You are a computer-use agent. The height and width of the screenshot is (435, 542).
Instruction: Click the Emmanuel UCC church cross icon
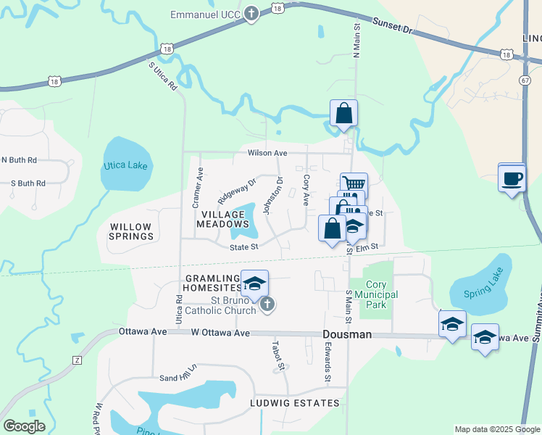251,14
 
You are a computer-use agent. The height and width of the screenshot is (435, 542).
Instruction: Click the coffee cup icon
512,178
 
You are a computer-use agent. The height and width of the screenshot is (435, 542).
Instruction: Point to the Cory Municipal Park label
381,295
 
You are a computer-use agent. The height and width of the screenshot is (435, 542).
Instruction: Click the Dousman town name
347,334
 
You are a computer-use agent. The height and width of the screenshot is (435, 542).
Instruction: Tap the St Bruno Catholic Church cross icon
267,304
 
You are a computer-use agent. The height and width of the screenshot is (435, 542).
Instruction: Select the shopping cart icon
354,185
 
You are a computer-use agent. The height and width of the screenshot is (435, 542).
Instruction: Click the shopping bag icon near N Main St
344,113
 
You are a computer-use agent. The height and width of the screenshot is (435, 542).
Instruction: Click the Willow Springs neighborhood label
131,232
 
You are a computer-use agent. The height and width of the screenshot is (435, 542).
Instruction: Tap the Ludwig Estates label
295,402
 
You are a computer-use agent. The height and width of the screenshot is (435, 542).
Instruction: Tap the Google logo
24,426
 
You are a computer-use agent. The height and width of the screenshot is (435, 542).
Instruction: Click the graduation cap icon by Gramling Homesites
254,283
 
